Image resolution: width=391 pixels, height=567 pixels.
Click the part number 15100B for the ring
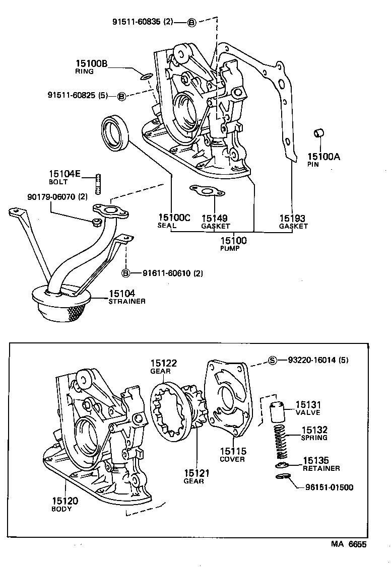pyautogui.click(x=92, y=63)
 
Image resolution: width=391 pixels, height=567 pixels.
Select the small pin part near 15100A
pyautogui.click(x=318, y=133)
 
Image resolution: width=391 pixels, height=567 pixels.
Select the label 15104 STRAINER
pyautogui.click(x=127, y=297)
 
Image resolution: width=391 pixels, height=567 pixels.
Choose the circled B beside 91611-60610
pyautogui.click(x=126, y=273)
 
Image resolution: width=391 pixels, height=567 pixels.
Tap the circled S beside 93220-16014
pyautogui.click(x=273, y=360)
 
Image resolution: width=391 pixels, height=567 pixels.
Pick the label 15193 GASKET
pyautogui.click(x=293, y=222)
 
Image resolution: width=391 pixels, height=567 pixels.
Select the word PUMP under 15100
pyautogui.click(x=230, y=248)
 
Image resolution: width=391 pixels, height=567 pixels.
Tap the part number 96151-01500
pyautogui.click(x=329, y=487)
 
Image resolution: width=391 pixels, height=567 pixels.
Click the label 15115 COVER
pyautogui.click(x=233, y=454)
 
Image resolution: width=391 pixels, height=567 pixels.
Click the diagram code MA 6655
pyautogui.click(x=349, y=544)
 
